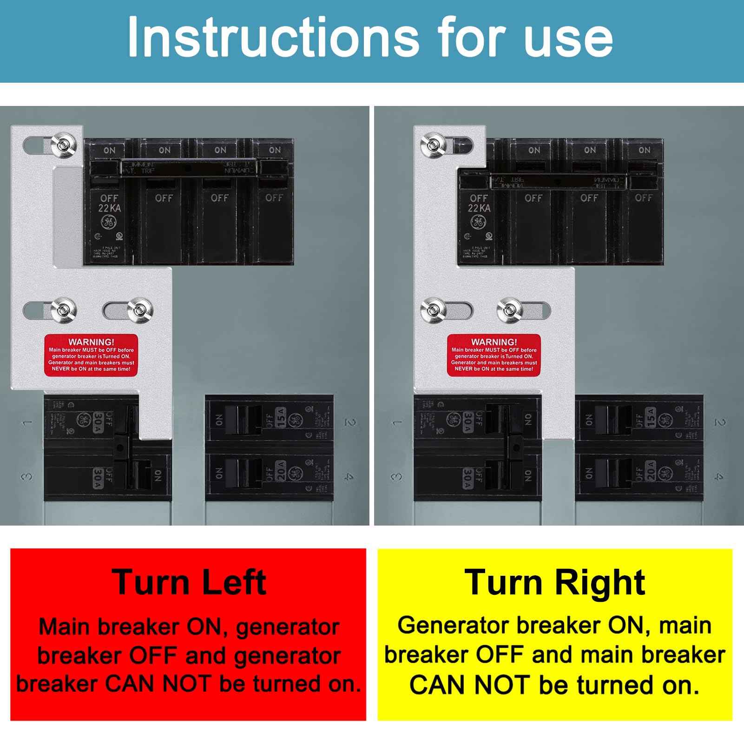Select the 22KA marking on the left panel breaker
click(109, 208)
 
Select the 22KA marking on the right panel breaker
click(479, 208)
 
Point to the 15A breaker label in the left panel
click(281, 417)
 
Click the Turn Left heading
click(189, 582)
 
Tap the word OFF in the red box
click(153, 656)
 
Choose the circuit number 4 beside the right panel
click(719, 477)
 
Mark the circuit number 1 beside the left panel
click(28, 422)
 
